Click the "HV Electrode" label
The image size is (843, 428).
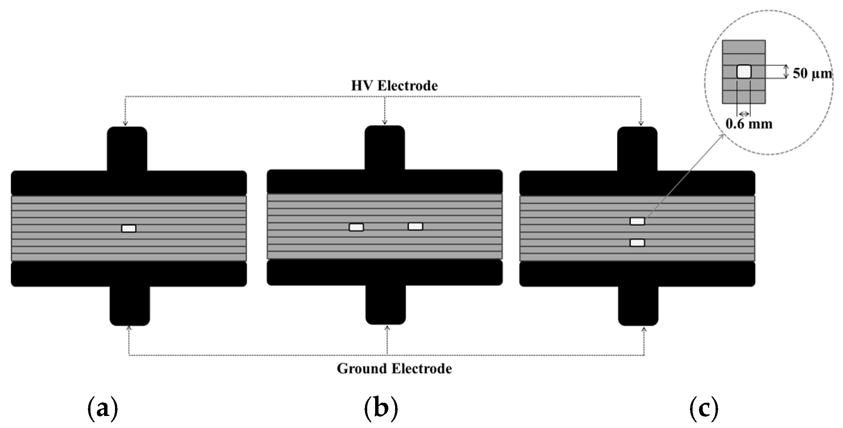[394, 86]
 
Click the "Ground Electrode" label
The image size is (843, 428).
[394, 368]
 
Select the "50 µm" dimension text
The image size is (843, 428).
[812, 73]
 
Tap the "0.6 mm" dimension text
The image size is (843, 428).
[749, 124]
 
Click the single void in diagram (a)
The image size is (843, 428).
[129, 228]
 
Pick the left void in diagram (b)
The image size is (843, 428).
[356, 227]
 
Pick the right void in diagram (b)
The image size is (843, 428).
[415, 226]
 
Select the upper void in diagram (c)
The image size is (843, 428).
[637, 222]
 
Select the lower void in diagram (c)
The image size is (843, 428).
[637, 243]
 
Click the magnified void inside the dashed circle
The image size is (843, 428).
[744, 72]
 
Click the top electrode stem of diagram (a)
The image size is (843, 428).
[127, 148]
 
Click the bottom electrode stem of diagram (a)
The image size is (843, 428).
[130, 306]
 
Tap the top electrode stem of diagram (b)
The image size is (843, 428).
[385, 147]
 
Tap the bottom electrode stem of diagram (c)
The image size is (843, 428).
[638, 306]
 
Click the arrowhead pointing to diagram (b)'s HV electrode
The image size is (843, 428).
[385, 121]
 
